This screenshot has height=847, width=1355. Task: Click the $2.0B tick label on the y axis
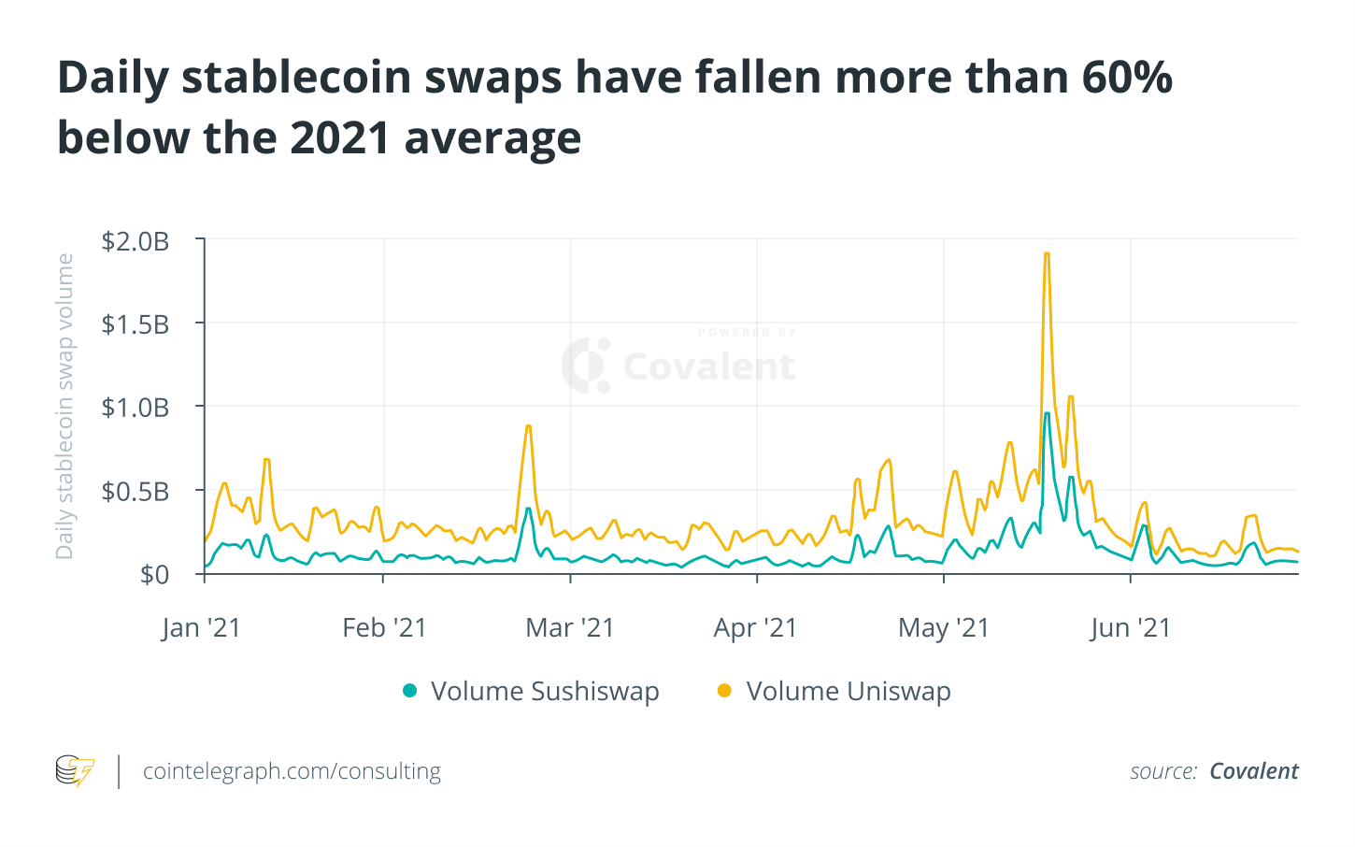click(x=135, y=241)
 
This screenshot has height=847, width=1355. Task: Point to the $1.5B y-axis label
click(x=135, y=324)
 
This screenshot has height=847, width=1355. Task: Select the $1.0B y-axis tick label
click(x=135, y=408)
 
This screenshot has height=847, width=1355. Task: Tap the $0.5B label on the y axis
click(x=135, y=491)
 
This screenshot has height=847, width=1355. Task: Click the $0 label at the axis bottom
click(x=154, y=574)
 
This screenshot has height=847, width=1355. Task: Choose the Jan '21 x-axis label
click(x=201, y=627)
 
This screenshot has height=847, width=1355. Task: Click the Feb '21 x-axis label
click(x=384, y=627)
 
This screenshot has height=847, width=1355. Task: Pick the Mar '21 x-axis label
click(x=570, y=627)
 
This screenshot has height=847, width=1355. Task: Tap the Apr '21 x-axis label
click(x=755, y=627)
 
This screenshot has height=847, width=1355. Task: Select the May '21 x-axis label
click(x=943, y=627)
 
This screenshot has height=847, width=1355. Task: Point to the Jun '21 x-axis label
click(x=1130, y=627)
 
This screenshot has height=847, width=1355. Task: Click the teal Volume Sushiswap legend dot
click(x=409, y=691)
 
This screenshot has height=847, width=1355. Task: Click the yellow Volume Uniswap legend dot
click(x=724, y=691)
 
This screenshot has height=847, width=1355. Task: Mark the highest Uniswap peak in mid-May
click(x=1047, y=254)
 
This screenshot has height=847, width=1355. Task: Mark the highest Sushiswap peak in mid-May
click(x=1047, y=413)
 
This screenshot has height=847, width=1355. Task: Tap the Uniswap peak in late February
click(x=529, y=426)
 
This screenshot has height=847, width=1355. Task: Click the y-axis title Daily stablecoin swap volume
click(x=64, y=407)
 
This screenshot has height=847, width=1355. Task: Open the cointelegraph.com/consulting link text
click(x=292, y=771)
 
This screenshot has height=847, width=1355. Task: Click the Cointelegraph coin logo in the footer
click(x=75, y=771)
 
